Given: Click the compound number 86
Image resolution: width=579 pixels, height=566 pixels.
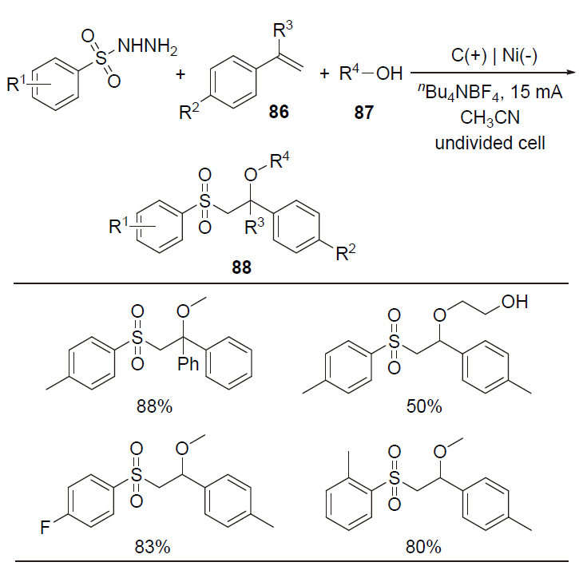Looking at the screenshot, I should pyautogui.click(x=279, y=113).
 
